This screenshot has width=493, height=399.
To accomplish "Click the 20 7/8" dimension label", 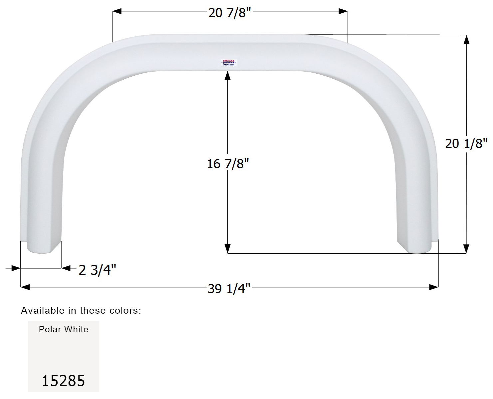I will (x=229, y=13).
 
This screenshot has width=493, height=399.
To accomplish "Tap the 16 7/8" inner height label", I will (x=228, y=164).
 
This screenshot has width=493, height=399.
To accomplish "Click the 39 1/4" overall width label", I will (x=229, y=288).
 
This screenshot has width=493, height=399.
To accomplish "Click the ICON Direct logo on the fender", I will (x=228, y=62).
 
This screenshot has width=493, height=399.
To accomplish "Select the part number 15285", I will (x=63, y=381).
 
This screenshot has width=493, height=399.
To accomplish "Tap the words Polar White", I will (x=64, y=329).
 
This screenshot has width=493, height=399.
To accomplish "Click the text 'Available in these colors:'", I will (x=81, y=310).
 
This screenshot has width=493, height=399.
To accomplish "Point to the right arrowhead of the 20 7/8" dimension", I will (x=343, y=11).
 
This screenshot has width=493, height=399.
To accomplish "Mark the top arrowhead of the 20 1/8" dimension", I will (x=466, y=40).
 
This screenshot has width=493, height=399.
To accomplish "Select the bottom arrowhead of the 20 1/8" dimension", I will (x=466, y=249).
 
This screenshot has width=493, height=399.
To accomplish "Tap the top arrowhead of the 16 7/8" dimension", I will (x=228, y=76).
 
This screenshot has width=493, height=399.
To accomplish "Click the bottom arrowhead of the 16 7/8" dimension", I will (x=228, y=249).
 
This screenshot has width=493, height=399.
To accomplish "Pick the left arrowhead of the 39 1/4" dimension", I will (x=25, y=287).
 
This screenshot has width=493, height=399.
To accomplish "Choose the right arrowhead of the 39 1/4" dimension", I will (x=434, y=287).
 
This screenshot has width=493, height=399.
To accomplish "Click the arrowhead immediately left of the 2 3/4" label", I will (x=66, y=268).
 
